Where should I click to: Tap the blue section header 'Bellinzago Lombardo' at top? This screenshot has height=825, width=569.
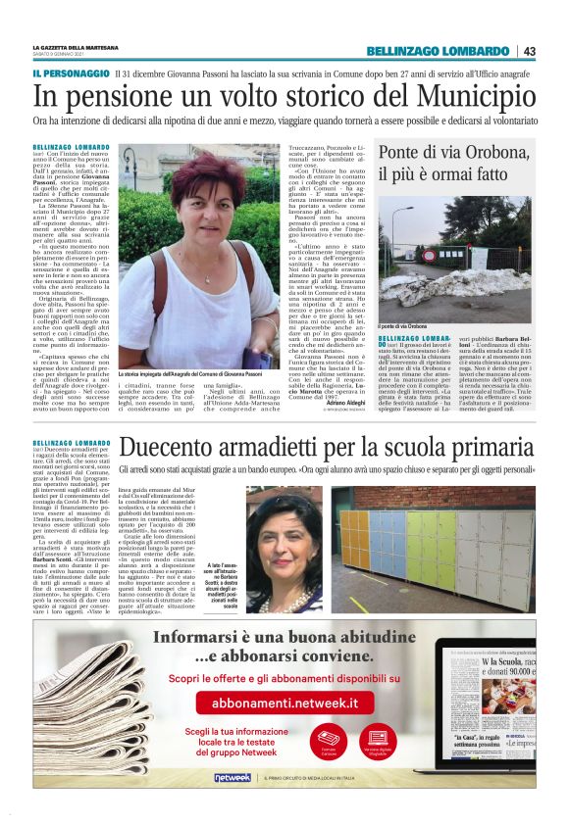coord(438,51)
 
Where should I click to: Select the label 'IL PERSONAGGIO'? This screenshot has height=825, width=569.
coord(71,74)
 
